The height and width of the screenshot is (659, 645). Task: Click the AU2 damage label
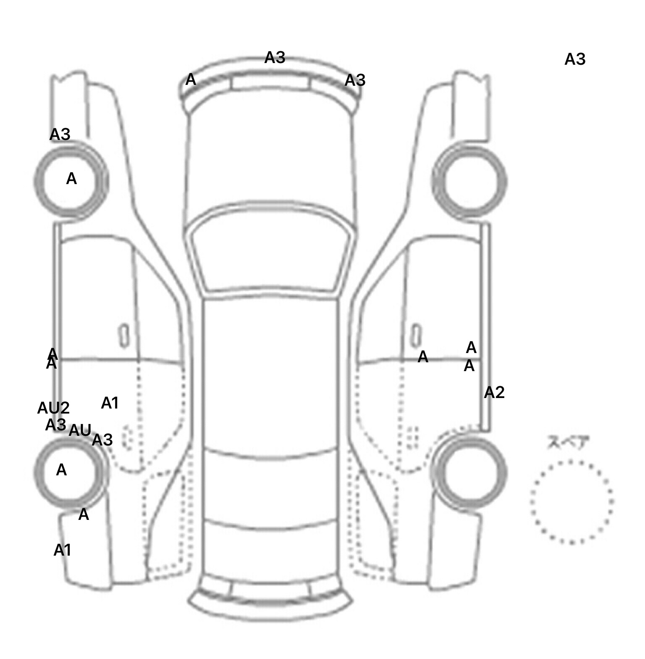point(53,408)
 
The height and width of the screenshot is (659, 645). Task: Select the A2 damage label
point(494,393)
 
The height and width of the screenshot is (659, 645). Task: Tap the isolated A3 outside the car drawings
point(574,60)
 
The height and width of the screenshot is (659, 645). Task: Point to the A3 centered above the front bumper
point(275,58)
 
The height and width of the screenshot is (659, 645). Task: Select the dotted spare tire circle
point(571,501)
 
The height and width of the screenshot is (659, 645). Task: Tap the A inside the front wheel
point(71,179)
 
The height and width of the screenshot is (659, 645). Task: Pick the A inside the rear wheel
point(61,470)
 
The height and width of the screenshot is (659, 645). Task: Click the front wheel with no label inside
point(470,182)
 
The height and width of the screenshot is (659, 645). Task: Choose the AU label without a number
point(80,430)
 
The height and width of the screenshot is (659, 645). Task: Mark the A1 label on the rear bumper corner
point(62,550)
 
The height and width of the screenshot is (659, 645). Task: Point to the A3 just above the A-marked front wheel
point(60,134)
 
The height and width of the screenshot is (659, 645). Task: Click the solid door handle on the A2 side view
point(416,335)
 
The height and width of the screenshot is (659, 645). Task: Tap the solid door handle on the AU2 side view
point(124,335)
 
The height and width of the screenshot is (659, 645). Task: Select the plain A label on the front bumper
point(191,79)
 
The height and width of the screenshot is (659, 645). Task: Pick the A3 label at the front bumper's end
point(355,80)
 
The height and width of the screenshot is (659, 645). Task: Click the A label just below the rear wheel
point(84,514)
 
